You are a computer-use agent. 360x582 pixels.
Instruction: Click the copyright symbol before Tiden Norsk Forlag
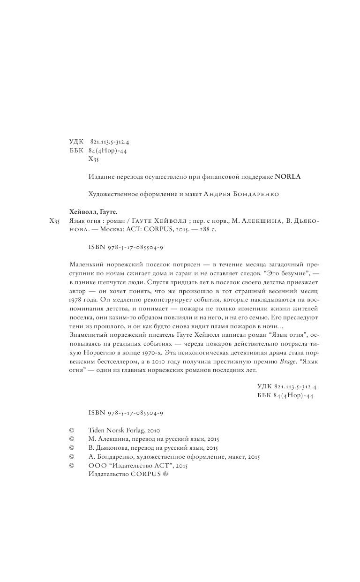pyautogui.click(x=72, y=429)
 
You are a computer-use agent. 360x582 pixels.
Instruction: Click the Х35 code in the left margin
pyautogui.click(x=54, y=221)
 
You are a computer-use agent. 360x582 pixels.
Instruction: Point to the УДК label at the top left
pyautogui.click(x=75, y=141)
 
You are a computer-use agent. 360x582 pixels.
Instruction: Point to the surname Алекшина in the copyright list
pyautogui.click(x=114, y=438)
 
